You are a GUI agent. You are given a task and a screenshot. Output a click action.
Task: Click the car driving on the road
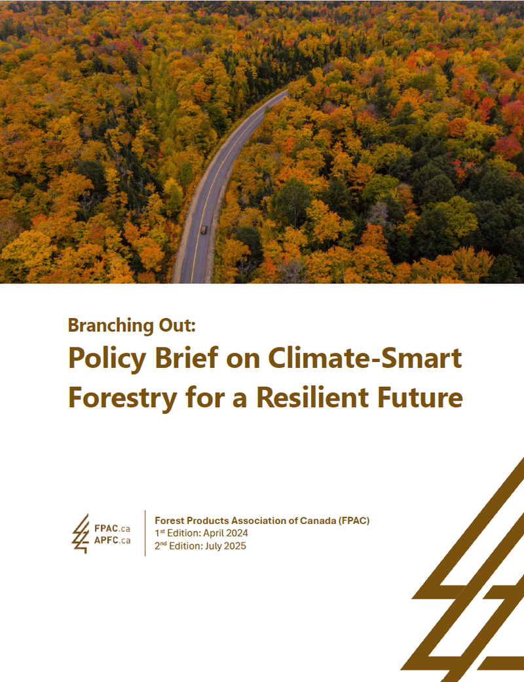pyautogui.click(x=204, y=229)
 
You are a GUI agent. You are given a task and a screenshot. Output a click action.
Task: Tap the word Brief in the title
pyautogui.click(x=185, y=359)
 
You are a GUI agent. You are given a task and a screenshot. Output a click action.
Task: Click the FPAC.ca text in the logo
pyautogui.click(x=112, y=528)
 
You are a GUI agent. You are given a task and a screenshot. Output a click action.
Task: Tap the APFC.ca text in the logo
pyautogui.click(x=112, y=540)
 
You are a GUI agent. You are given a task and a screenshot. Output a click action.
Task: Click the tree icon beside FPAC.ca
pyautogui.click(x=81, y=533)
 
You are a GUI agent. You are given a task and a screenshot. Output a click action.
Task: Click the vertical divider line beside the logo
pyautogui.click(x=145, y=533)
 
